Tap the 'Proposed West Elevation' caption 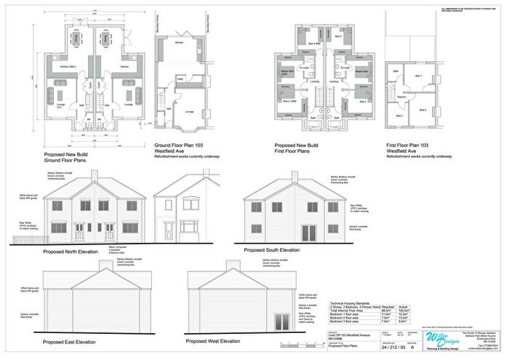click(213, 341)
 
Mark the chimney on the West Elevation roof click(232, 265)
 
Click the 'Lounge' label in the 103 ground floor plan click(189, 111)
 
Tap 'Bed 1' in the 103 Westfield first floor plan click(418, 76)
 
